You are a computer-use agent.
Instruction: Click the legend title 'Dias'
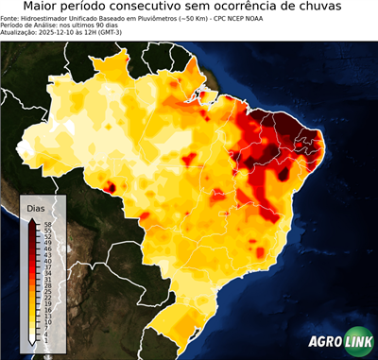36,208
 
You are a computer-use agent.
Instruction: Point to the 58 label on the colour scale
46,223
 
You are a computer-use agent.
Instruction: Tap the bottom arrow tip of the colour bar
33,343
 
